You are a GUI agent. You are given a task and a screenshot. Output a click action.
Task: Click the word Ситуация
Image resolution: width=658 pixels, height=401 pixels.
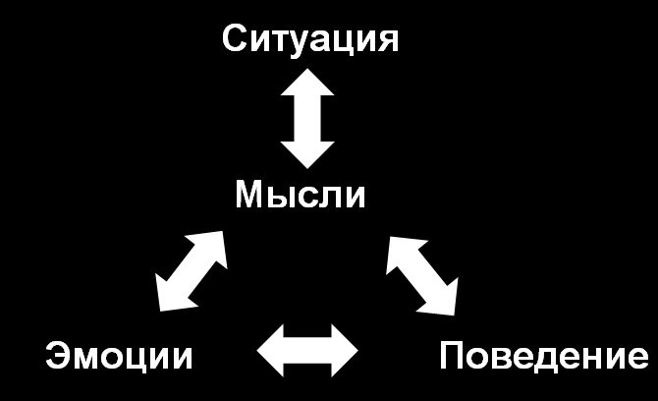[x=310, y=40]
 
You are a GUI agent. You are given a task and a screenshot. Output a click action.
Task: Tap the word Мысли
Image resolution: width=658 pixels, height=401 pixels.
[x=301, y=194]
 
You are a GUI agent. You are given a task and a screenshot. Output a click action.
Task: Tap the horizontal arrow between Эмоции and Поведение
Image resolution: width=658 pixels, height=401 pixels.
[x=306, y=350]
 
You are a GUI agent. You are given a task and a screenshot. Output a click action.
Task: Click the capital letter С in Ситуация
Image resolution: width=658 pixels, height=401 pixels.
[x=236, y=40]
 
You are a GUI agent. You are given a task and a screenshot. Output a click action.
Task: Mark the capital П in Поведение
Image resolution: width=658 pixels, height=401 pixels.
[x=450, y=354]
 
